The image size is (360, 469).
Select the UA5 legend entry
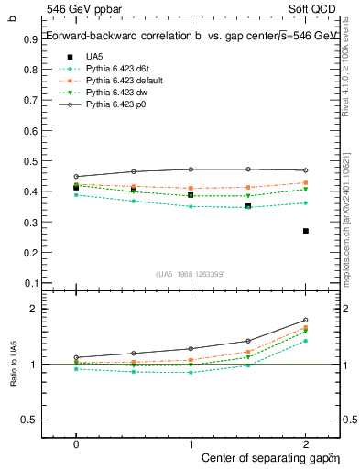pos(93,57)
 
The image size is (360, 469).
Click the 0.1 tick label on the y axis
pos(32,282)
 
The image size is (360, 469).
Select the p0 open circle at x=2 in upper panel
pos(305,170)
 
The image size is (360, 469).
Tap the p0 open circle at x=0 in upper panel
pos(76,176)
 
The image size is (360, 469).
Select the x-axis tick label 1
pos(191,442)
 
